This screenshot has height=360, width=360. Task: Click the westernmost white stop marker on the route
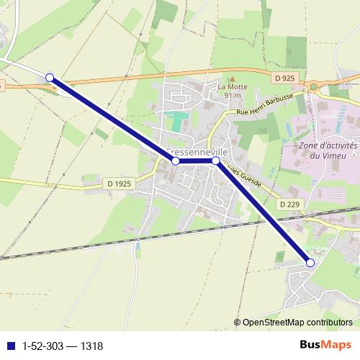pos(50,77)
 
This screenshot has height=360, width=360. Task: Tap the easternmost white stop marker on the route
pos(310,263)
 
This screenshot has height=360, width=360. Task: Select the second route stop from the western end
pos(176,161)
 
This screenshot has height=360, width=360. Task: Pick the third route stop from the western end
pos(215,161)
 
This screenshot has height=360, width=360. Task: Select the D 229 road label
pos(289,204)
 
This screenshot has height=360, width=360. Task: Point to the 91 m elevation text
pos(232,95)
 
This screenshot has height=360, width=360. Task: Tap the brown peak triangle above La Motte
pos(232,78)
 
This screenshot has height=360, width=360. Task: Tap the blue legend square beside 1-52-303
pos(11,346)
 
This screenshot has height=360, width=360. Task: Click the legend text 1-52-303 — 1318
pos(63,346)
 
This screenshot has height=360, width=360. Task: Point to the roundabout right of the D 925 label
pos(314,87)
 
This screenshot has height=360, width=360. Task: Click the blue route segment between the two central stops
pos(196,161)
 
